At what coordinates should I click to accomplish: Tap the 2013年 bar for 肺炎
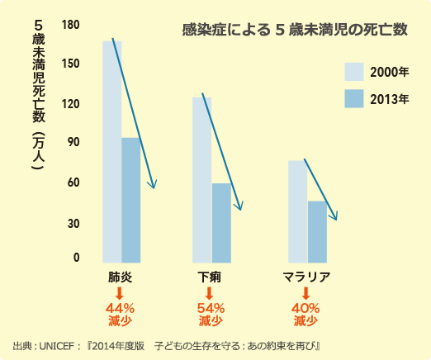[x=130, y=199]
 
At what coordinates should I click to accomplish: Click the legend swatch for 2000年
[x=354, y=72]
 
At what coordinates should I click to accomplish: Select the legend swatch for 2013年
[x=354, y=100]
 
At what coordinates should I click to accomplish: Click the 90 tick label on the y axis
[x=73, y=142]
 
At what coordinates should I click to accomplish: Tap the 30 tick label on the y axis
[x=73, y=223]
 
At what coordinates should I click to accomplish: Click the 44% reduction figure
[x=121, y=308]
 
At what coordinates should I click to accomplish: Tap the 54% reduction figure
[x=211, y=308]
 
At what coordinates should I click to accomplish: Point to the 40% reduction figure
[x=306, y=308]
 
